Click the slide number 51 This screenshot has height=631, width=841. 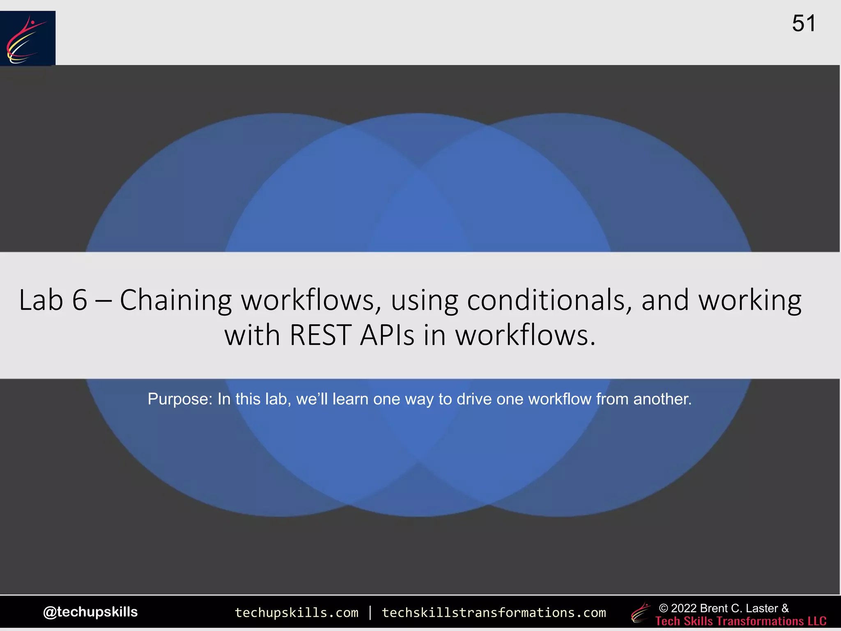pyautogui.click(x=804, y=23)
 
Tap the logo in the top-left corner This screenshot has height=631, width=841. pyautogui.click(x=28, y=38)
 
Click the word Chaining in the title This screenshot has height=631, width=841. pyautogui.click(x=176, y=301)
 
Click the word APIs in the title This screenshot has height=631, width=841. pyautogui.click(x=387, y=335)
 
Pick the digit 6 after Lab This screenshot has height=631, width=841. pyautogui.click(x=80, y=300)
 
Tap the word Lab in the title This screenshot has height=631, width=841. pyautogui.click(x=41, y=300)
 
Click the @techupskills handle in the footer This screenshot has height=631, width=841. pyautogui.click(x=90, y=612)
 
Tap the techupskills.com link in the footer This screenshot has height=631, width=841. pyautogui.click(x=296, y=613)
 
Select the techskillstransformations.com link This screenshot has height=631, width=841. pyautogui.click(x=494, y=613)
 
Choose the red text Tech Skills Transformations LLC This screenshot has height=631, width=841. pyautogui.click(x=741, y=621)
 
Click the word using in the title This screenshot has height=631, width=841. pyautogui.click(x=424, y=301)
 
